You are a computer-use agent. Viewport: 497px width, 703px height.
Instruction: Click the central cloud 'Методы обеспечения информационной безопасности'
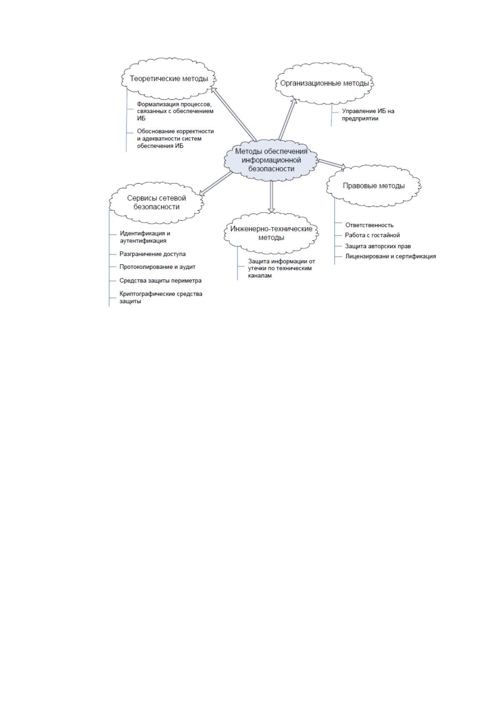pyautogui.click(x=271, y=160)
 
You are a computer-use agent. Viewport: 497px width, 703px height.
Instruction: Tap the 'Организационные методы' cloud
pyautogui.click(x=324, y=83)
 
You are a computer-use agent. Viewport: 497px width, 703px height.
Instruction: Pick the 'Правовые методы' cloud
pyautogui.click(x=374, y=186)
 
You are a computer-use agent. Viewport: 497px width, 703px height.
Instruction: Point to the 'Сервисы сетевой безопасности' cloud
pyautogui.click(x=156, y=202)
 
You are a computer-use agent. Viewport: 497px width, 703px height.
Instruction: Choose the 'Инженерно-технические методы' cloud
pyautogui.click(x=271, y=233)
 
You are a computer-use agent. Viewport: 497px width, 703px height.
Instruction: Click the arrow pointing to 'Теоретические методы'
pyautogui.click(x=234, y=114)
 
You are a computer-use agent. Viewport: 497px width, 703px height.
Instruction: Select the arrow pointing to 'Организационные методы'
pyautogui.click(x=288, y=119)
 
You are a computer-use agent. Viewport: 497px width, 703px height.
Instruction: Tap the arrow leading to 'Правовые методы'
pyautogui.click(x=332, y=164)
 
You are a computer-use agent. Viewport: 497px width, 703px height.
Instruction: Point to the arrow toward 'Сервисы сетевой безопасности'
pyautogui.click(x=216, y=184)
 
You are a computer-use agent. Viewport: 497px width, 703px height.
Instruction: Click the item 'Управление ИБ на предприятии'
pyautogui.click(x=368, y=115)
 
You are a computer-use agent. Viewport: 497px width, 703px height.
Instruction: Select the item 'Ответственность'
pyautogui.click(x=369, y=225)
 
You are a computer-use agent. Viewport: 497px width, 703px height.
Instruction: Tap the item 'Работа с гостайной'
pyautogui.click(x=372, y=235)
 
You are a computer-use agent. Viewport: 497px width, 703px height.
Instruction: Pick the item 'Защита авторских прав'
pyautogui.click(x=378, y=246)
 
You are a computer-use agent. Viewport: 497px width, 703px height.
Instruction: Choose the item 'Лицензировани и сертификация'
pyautogui.click(x=390, y=256)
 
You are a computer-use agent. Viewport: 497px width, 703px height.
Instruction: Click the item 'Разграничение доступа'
pyautogui.click(x=152, y=254)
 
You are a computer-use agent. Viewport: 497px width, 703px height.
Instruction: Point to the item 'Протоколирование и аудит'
pyautogui.click(x=157, y=267)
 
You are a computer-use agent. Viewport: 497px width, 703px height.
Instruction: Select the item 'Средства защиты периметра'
pyautogui.click(x=160, y=281)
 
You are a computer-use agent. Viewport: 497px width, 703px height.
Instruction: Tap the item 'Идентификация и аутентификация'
pyautogui.click(x=145, y=237)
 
